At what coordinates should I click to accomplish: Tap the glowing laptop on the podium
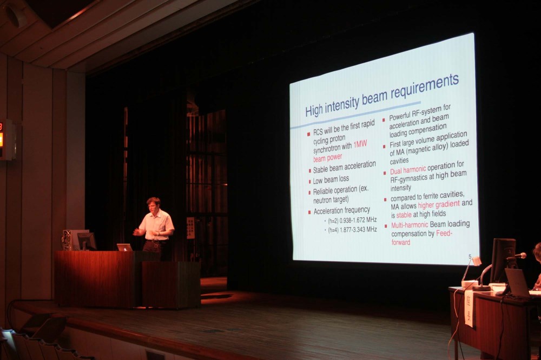(x=124, y=247)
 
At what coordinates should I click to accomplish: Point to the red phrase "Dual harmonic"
(x=408, y=170)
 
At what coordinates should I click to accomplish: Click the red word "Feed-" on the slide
(x=444, y=233)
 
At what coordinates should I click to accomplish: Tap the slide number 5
(x=470, y=256)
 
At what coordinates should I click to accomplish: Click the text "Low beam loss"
(x=331, y=179)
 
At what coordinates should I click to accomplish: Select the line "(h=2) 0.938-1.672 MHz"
(x=352, y=220)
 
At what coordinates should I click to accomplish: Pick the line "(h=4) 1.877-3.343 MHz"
(x=352, y=230)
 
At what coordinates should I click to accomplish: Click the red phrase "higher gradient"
(x=439, y=204)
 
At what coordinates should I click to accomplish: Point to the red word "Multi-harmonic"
(x=410, y=225)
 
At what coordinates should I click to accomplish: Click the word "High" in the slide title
(x=314, y=110)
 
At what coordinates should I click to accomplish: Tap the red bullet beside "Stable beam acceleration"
(x=309, y=171)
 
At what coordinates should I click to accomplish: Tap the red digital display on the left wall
(x=1, y=138)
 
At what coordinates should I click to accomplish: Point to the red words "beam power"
(x=327, y=158)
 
